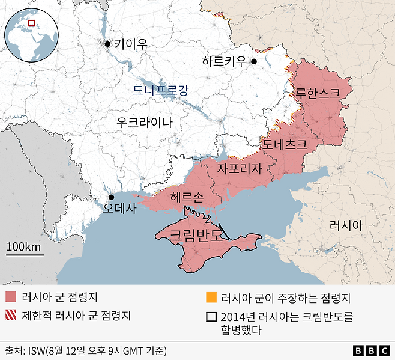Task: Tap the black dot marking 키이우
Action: click(x=107, y=44)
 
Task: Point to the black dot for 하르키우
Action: click(x=254, y=61)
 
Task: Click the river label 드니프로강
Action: click(x=161, y=91)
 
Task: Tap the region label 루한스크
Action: click(x=318, y=93)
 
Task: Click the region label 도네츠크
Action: click(x=284, y=145)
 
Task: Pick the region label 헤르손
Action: click(x=187, y=197)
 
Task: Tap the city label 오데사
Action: click(x=120, y=209)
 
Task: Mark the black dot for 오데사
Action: click(x=111, y=197)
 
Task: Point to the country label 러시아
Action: click(x=346, y=225)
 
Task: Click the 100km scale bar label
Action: click(x=25, y=247)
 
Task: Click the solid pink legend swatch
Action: click(x=11, y=297)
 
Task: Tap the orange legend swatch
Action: click(x=210, y=297)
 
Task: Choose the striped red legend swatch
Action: click(x=11, y=314)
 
